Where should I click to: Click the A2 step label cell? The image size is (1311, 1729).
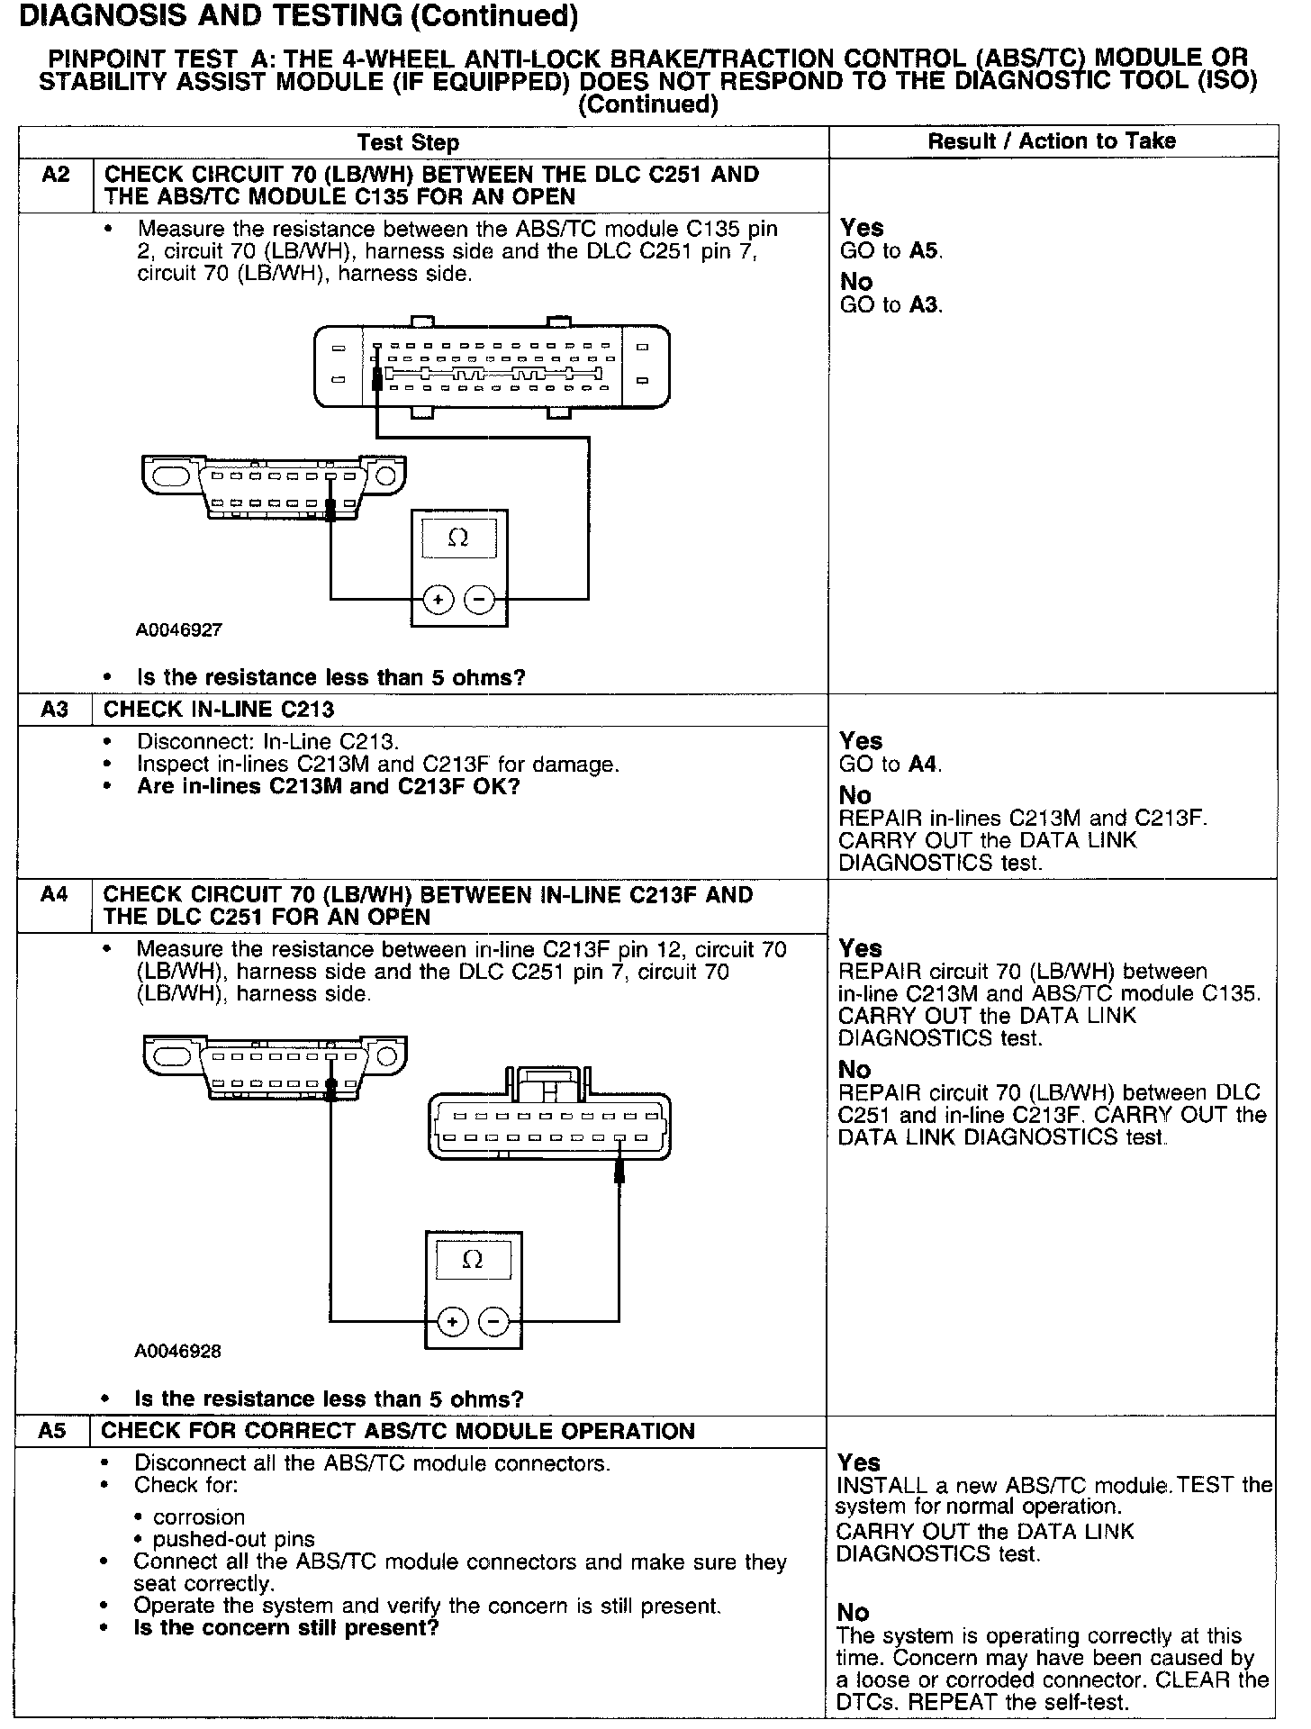pyautogui.click(x=56, y=175)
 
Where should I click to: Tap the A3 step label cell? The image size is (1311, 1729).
pyautogui.click(x=54, y=710)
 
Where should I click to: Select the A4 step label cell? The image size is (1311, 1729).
pyautogui.click(x=54, y=895)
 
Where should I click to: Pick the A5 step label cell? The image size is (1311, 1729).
pyautogui.click(x=53, y=1431)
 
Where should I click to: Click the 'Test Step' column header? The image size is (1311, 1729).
pyautogui.click(x=408, y=142)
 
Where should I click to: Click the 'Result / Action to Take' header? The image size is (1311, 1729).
pyautogui.click(x=1052, y=140)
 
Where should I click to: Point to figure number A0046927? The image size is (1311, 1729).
pyautogui.click(x=179, y=630)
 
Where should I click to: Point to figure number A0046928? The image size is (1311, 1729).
pyautogui.click(x=178, y=1351)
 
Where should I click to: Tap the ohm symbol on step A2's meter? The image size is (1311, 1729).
pyautogui.click(x=458, y=539)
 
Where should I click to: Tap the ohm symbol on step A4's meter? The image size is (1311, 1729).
pyautogui.click(x=472, y=1260)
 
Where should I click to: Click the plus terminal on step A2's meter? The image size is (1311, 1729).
pyautogui.click(x=439, y=599)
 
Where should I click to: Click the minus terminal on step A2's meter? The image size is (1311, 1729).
pyautogui.click(x=480, y=599)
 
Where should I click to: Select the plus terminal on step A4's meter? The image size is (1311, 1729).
pyautogui.click(x=452, y=1321)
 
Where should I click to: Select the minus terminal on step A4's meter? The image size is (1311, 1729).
pyautogui.click(x=493, y=1321)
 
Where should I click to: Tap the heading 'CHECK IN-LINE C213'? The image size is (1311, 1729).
pyautogui.click(x=219, y=710)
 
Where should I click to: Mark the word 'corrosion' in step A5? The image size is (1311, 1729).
pyautogui.click(x=199, y=1517)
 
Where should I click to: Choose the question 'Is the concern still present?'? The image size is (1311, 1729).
pyautogui.click(x=285, y=1628)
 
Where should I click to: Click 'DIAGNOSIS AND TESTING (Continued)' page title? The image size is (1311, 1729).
pyautogui.click(x=298, y=15)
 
